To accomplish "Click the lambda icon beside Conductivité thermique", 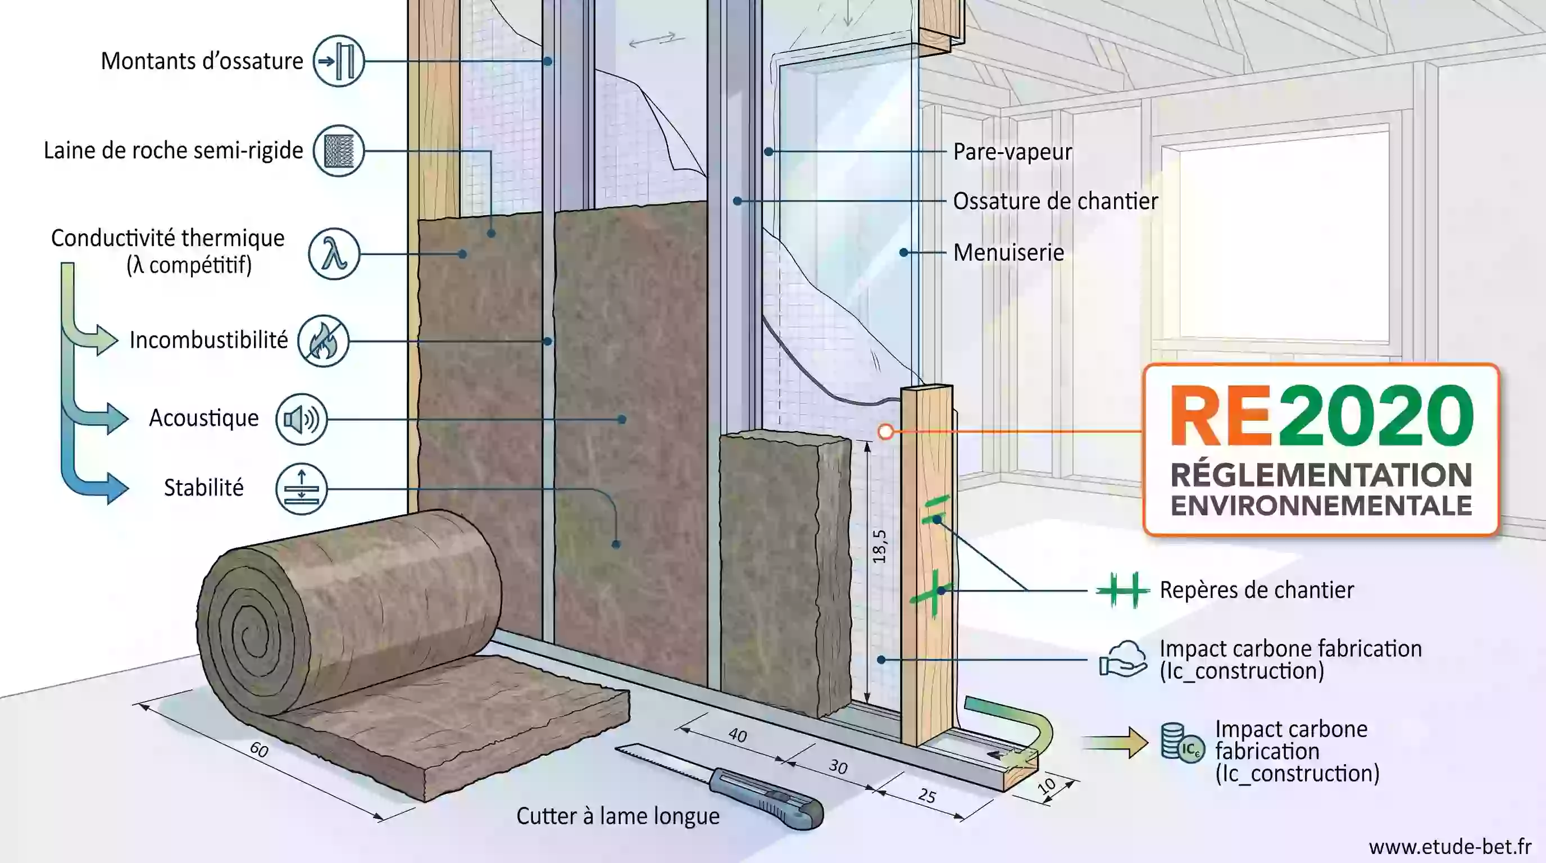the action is pos(334,254).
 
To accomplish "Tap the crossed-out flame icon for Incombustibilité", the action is pos(324,341).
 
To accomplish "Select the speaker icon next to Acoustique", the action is pos(301,420).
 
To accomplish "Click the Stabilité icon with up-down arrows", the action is pos(301,488).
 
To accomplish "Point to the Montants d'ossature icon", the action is pos(339,61).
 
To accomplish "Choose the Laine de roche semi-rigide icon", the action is pos(339,151).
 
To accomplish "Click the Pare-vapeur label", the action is pos(1012,152).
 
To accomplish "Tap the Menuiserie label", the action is pos(1008,252).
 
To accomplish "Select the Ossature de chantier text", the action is pos(1055,201).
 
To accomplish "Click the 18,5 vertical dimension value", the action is pos(879,546).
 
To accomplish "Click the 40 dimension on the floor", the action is pos(738,735).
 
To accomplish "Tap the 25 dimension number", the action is pos(926,796).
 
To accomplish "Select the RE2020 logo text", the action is pos(1321,415).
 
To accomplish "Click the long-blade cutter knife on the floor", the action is pos(720,786).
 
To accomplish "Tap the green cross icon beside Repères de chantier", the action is pos(1123,591).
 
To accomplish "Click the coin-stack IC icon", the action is pos(1182,743).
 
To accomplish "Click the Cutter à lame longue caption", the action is pos(617,816).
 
